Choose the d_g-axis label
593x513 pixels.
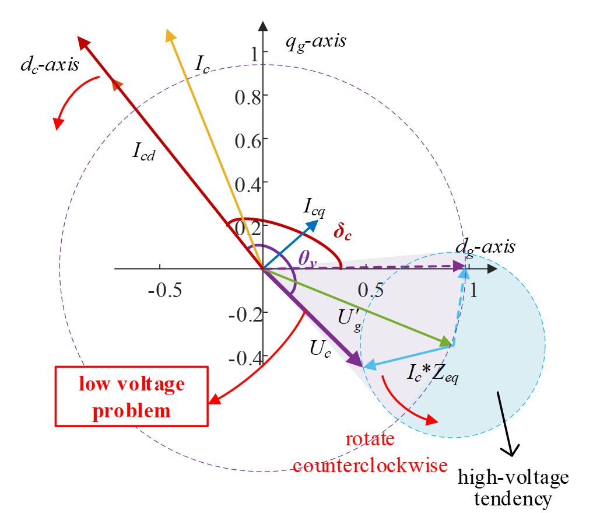click(486, 247)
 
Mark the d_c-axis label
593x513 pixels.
click(50, 65)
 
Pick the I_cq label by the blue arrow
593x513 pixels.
click(314, 205)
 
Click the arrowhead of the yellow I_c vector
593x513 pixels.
click(170, 34)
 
